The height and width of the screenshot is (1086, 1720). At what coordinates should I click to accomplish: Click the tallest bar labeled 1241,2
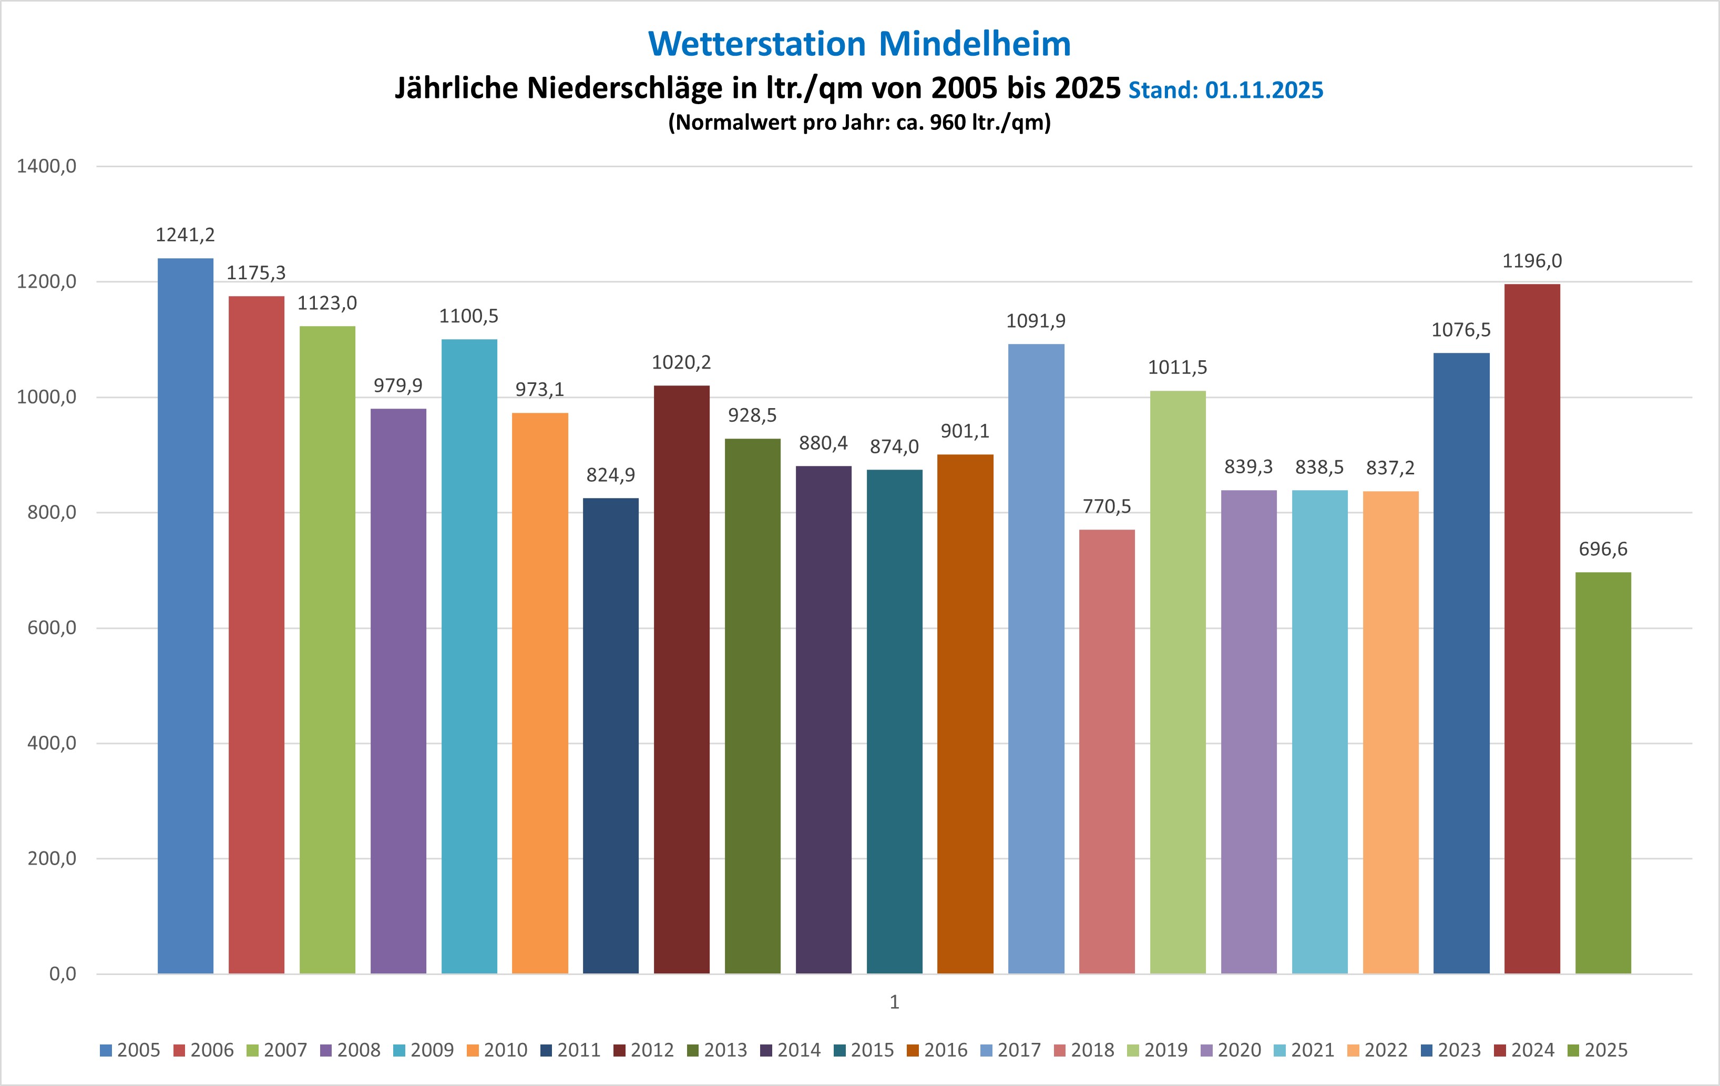pyautogui.click(x=185, y=614)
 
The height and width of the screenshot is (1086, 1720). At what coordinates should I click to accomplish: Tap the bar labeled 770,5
pyautogui.click(x=1107, y=750)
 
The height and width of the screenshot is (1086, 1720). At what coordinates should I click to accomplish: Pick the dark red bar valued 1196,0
pyautogui.click(x=1532, y=629)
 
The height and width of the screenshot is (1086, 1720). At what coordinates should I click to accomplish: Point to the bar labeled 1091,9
pyautogui.click(x=1036, y=657)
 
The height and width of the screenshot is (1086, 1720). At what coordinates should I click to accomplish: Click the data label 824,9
pyautogui.click(x=611, y=475)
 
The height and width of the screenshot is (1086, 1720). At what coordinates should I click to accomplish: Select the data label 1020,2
pyautogui.click(x=681, y=363)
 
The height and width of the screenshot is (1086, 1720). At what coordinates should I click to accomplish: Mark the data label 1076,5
pyautogui.click(x=1461, y=330)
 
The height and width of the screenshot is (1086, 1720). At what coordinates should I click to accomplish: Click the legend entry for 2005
pyautogui.click(x=131, y=1050)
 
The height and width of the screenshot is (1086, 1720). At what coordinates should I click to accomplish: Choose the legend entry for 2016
pyautogui.click(x=937, y=1050)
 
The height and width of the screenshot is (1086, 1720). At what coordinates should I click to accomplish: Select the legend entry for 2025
pyautogui.click(x=1598, y=1050)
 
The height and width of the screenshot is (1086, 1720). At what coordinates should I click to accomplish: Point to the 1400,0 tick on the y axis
pyautogui.click(x=46, y=167)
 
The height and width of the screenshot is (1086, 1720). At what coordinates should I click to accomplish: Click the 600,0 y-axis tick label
pyautogui.click(x=52, y=628)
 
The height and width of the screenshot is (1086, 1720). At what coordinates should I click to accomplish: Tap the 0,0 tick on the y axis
pyautogui.click(x=62, y=974)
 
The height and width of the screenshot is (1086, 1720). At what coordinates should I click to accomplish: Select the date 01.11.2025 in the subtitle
pyautogui.click(x=1264, y=90)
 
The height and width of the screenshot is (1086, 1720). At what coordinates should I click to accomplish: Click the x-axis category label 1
pyautogui.click(x=894, y=1002)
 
